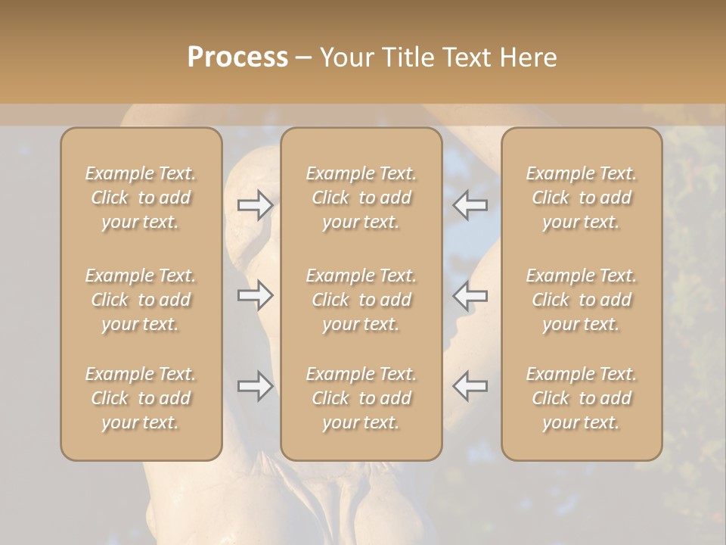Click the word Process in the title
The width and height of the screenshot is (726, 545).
coord(237,58)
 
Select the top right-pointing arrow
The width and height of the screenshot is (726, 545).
coord(255,205)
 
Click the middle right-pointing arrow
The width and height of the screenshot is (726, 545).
coord(255,295)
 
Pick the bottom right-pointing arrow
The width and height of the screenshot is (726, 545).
coord(255,386)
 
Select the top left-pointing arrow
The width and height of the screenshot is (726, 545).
coord(470,205)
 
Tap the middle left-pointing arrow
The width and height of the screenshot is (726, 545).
coord(470,295)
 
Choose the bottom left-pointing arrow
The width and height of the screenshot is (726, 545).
coord(470,386)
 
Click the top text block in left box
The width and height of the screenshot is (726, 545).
coord(141,198)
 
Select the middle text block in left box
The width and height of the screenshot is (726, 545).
coord(141,300)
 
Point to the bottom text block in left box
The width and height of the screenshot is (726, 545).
coord(141,398)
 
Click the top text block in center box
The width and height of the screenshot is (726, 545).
coord(361,198)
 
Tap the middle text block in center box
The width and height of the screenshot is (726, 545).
coord(361,300)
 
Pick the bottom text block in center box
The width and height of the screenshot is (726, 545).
coord(361,398)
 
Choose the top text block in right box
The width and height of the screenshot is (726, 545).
coord(581,198)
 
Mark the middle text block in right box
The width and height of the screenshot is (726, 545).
coord(581,300)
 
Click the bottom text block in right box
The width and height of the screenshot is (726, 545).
coord(581,398)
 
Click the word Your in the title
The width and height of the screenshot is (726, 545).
coord(346,58)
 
